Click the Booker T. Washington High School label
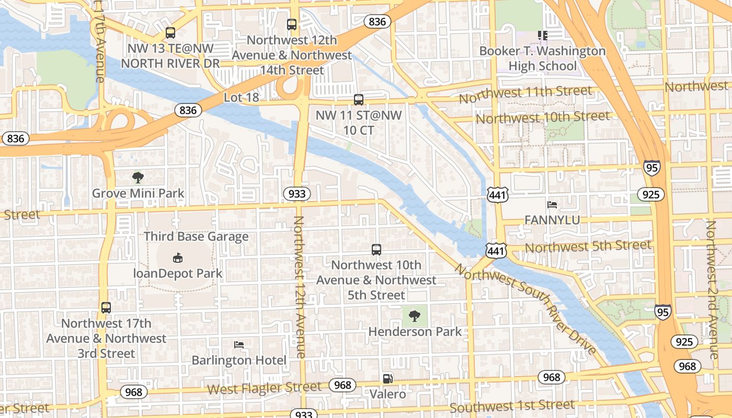[x=542, y=59]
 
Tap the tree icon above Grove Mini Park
[x=138, y=178]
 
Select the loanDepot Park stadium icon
[x=178, y=258]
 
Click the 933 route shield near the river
[x=297, y=194]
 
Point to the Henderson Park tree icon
[x=415, y=316]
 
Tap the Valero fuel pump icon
[x=387, y=379]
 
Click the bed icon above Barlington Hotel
[x=239, y=345]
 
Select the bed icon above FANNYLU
[x=552, y=205]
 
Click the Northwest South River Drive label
[x=525, y=308]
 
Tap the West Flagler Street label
[x=264, y=388]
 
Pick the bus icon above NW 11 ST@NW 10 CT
[x=359, y=99]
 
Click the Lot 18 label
[x=241, y=98]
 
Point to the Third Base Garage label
[x=196, y=237]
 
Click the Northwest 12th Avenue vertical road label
[x=299, y=287]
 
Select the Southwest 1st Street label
[x=512, y=406]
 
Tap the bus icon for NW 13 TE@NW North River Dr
[x=170, y=33]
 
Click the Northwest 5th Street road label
[x=588, y=246]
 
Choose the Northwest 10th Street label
[x=542, y=118]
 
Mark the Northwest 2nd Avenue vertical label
[x=712, y=290]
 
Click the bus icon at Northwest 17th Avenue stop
[x=106, y=308]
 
